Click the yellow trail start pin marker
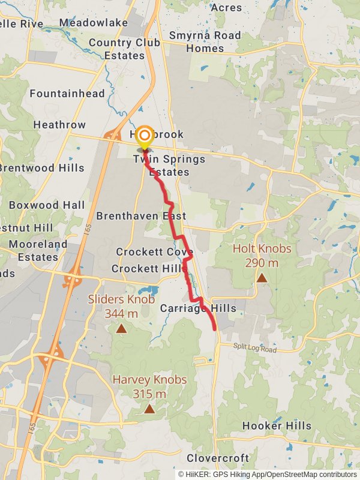point(145,136)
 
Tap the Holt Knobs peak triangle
point(262,278)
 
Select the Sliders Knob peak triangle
point(121,328)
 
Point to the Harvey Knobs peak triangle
point(149,409)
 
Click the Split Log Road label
point(256,349)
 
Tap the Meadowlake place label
point(94,22)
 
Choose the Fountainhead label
point(67,94)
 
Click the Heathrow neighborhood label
point(59,125)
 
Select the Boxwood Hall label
point(47,205)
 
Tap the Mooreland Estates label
point(38,251)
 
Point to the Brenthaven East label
point(141,215)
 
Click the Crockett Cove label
point(154,252)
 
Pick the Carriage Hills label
point(198,308)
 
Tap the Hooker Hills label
point(277,426)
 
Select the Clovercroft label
point(218,458)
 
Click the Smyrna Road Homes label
point(205,42)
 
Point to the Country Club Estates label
point(124,49)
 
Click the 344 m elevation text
point(121,313)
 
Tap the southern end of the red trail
point(215,329)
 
